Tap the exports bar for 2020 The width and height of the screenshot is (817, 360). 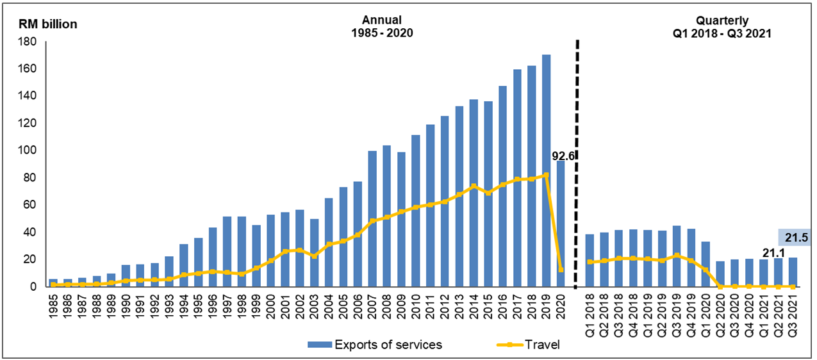pos(560,224)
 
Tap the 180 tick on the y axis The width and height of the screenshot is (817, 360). pos(30,42)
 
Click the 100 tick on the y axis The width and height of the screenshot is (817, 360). pos(30,151)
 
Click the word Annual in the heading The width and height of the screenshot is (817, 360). pos(381,20)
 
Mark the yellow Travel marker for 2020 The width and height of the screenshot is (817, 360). pos(560,270)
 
